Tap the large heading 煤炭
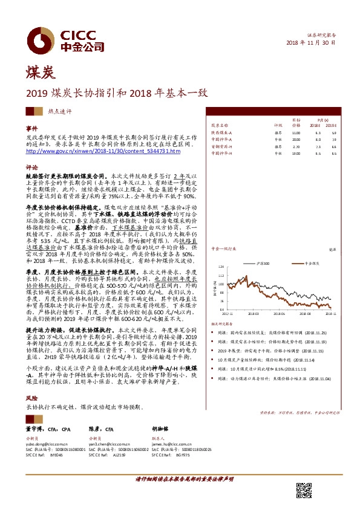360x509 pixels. (40, 74)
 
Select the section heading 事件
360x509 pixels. (31, 130)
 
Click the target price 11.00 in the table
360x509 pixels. (296, 132)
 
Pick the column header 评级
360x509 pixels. (278, 125)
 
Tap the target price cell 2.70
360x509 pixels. (296, 146)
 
